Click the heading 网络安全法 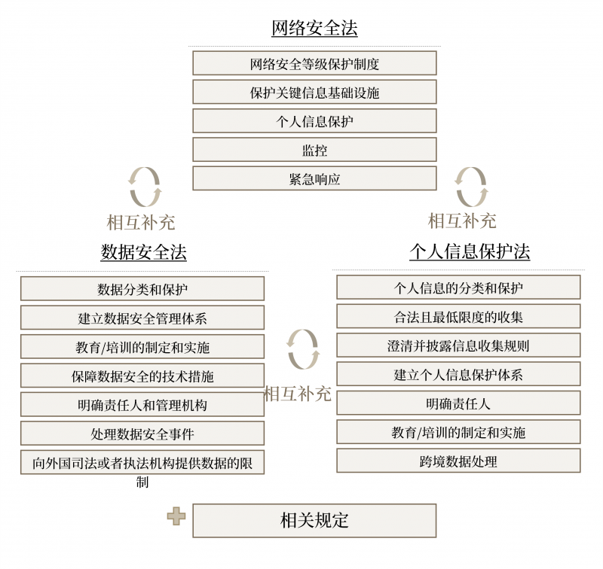[x=314, y=29]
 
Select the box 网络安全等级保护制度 [x=314, y=63]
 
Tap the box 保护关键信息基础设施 [x=314, y=92]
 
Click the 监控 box [x=314, y=150]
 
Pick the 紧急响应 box [x=314, y=178]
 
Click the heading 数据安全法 [x=143, y=252]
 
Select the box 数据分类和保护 [x=142, y=289]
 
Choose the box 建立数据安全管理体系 [x=142, y=318]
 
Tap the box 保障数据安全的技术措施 [x=142, y=376]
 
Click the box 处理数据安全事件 [x=142, y=434]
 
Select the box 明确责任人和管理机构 [x=142, y=404]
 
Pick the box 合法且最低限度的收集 [x=458, y=316]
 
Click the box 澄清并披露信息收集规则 [x=458, y=345]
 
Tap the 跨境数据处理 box [x=458, y=461]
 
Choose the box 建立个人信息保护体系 [x=458, y=374]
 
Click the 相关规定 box [x=314, y=520]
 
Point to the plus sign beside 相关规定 [x=176, y=516]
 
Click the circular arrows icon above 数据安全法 [x=144, y=187]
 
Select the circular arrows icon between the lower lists [x=303, y=349]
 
